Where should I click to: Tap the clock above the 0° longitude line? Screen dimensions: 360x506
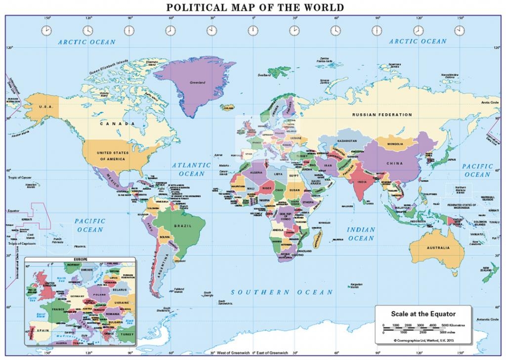(253, 31)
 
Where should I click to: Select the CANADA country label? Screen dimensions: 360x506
(117, 124)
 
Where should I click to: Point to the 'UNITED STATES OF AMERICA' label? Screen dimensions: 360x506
(113, 156)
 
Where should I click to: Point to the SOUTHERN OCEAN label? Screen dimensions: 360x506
(282, 292)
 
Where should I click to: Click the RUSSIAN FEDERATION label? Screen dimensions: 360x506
(381, 115)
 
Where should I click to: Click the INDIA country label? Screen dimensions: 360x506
(361, 182)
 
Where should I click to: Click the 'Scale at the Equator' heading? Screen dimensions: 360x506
(423, 313)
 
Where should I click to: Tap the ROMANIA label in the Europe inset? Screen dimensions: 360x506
(112, 314)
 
